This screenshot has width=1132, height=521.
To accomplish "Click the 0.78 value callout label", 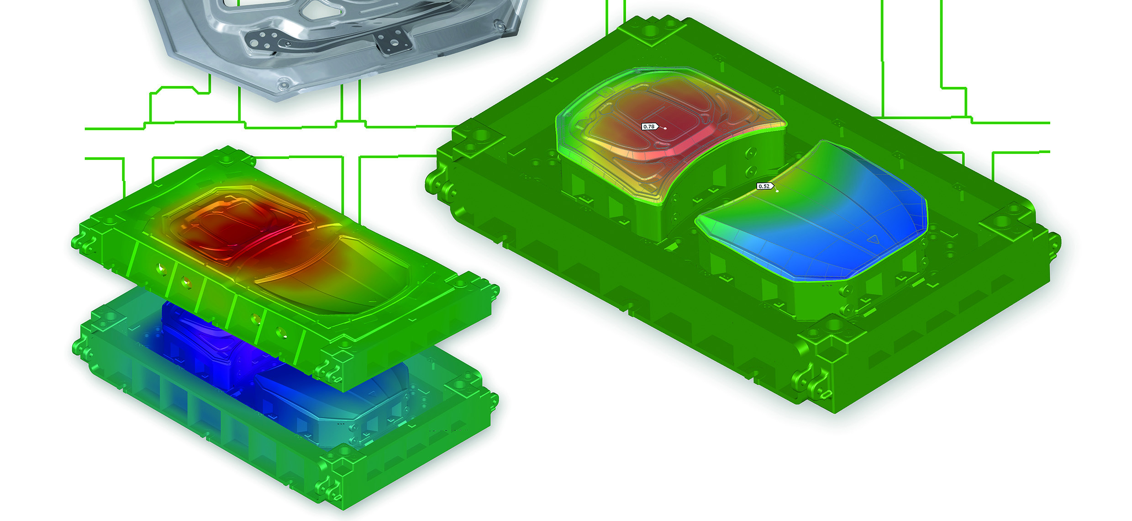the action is pos(649,127).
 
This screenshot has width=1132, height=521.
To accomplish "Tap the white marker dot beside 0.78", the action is pos(665,128).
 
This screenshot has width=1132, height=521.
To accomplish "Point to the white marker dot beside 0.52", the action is pos(777,191).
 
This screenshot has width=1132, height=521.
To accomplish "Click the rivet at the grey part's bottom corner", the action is pos(284,85).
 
